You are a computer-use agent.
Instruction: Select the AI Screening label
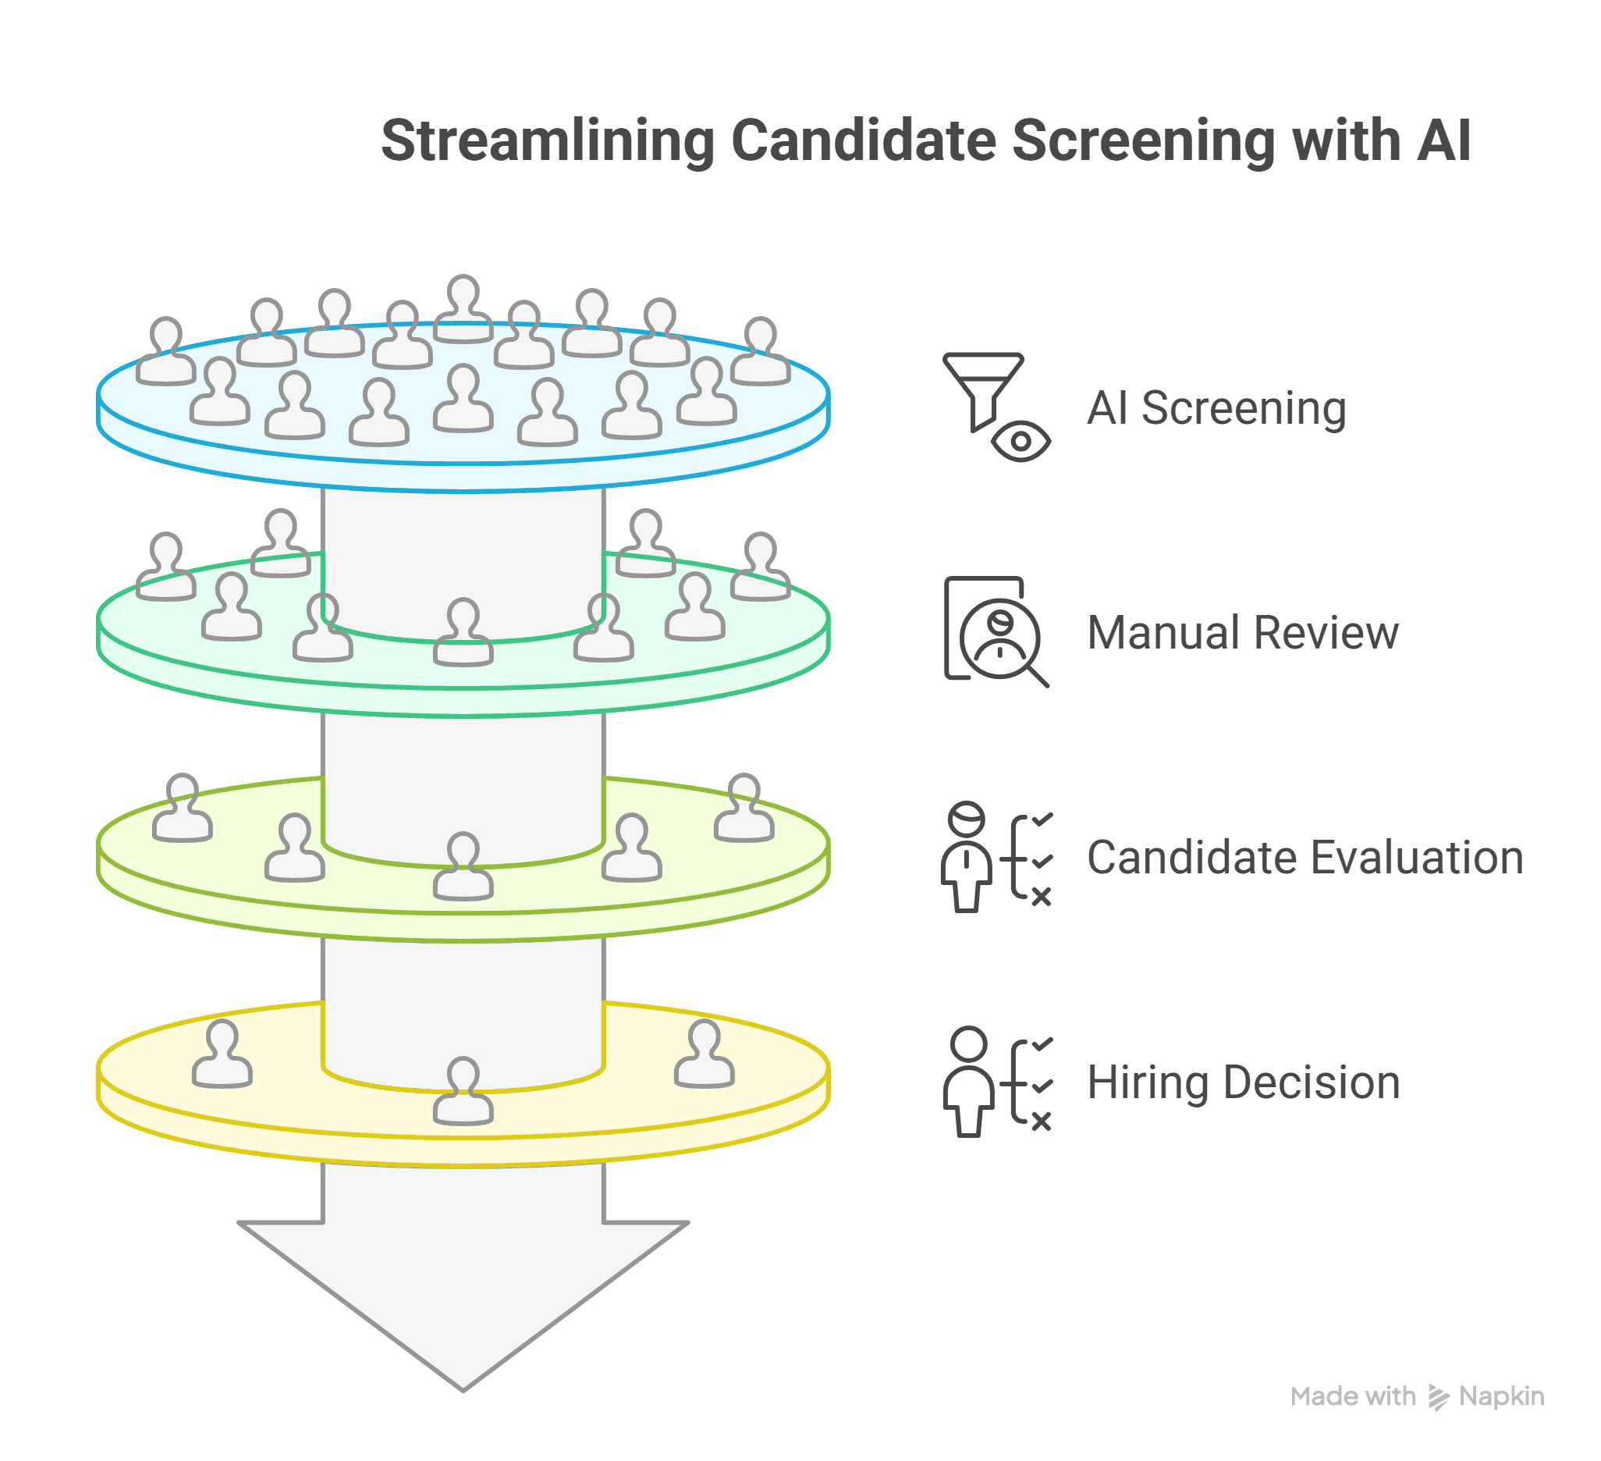[1216, 408]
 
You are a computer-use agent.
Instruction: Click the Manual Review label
[1242, 633]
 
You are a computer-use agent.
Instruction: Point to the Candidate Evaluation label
[1305, 858]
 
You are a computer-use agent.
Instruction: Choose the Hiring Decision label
[1243, 1082]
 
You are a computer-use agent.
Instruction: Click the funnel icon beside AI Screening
[982, 388]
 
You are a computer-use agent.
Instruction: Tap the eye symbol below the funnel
[1021, 442]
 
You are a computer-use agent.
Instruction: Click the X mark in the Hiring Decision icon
[1041, 1121]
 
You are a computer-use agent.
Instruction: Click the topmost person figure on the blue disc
[463, 310]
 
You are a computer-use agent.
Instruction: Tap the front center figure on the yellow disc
[463, 1092]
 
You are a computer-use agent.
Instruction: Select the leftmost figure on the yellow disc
[222, 1054]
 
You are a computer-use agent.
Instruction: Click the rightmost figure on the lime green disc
[744, 809]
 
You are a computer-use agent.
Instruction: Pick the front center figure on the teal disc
[463, 632]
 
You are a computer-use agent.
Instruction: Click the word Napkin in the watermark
[1501, 1396]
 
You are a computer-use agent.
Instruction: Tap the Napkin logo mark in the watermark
[1438, 1397]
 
